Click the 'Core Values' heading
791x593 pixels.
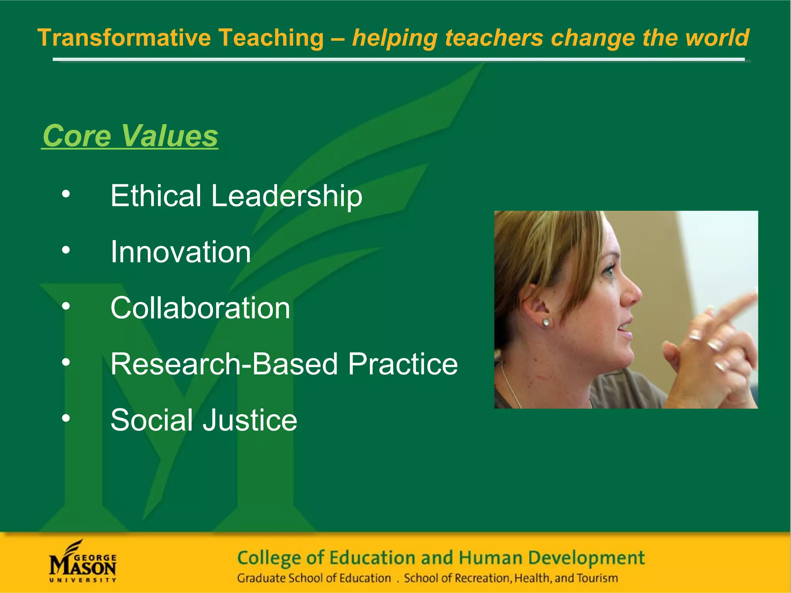[130, 136]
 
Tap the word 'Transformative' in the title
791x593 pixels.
[124, 38]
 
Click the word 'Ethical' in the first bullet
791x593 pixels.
[156, 196]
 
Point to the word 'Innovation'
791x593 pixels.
[181, 252]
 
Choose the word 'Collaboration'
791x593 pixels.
[200, 308]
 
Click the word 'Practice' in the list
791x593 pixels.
[403, 364]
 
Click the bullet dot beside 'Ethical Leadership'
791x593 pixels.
[66, 194]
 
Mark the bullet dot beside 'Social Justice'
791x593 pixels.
[66, 418]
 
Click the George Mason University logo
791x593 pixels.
[83, 561]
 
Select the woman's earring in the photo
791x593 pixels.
[546, 322]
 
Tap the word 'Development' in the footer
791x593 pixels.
[586, 558]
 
